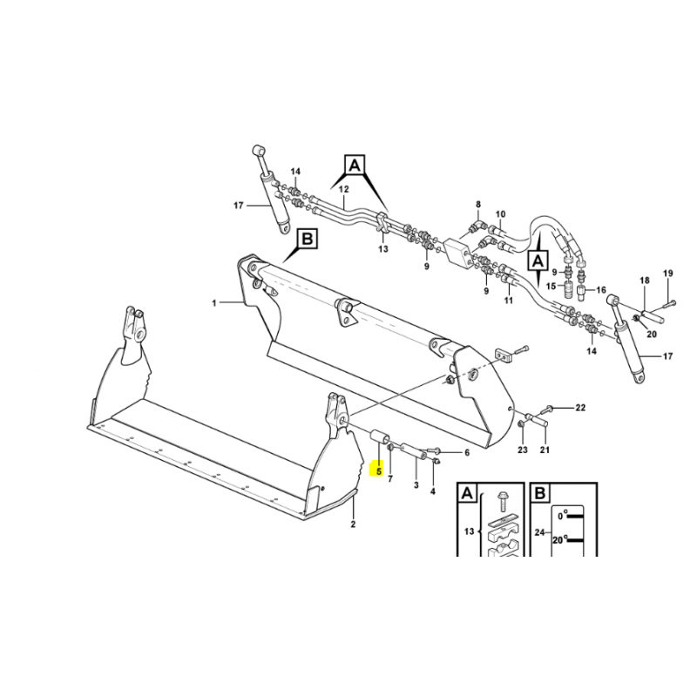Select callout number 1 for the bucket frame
click(214, 303)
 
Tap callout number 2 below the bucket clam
click(353, 524)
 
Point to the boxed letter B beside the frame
click(308, 240)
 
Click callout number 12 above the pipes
click(343, 189)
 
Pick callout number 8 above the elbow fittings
click(478, 205)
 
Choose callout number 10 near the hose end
click(500, 214)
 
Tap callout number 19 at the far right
click(668, 274)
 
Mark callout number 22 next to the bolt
click(580, 408)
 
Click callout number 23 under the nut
click(522, 450)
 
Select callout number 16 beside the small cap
click(600, 290)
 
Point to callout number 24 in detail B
click(539, 531)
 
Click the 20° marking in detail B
click(560, 540)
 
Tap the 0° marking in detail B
click(563, 516)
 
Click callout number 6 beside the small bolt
click(467, 453)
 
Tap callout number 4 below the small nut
click(432, 491)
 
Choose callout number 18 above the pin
click(645, 281)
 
